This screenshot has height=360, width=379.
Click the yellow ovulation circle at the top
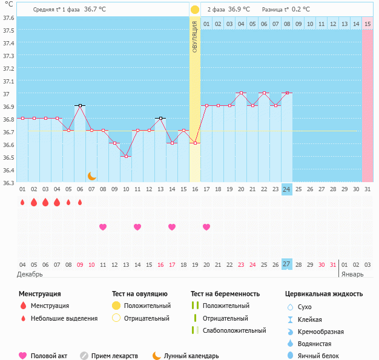(195, 10)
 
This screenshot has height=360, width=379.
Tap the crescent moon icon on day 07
(91, 176)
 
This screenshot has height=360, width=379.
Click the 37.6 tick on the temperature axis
(9, 18)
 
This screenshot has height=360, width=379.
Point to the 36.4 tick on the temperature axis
(9, 170)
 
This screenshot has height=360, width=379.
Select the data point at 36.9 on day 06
(80, 105)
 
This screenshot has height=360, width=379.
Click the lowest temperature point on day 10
(126, 156)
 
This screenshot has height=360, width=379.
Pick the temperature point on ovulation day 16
(195, 143)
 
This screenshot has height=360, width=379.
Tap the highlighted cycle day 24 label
(287, 189)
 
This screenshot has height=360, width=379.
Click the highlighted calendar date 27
(287, 264)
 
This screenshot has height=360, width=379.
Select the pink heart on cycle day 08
(103, 227)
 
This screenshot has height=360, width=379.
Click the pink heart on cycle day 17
(206, 227)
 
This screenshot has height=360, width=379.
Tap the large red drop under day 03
(45, 202)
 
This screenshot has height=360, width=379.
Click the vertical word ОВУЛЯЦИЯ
(195, 36)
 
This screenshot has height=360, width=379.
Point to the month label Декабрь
(30, 274)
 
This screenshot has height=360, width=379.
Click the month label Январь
(352, 274)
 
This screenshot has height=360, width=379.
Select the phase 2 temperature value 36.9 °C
(239, 10)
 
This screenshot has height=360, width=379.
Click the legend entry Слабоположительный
(234, 330)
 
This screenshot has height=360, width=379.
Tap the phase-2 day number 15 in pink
(367, 24)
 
